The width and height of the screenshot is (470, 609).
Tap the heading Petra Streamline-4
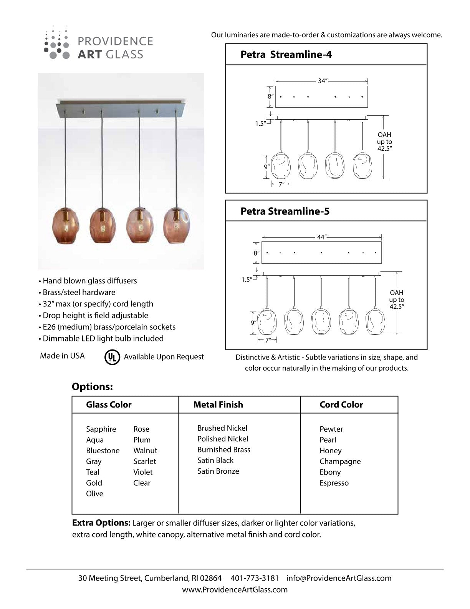pos(286,55)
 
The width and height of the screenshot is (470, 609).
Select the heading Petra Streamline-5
pos(285,211)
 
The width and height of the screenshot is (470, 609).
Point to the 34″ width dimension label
pos(322,81)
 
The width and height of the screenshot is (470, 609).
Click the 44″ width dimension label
pos(321,237)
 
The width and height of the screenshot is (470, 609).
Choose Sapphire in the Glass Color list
pos(101,429)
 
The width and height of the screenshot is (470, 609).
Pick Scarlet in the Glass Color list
pos(145,461)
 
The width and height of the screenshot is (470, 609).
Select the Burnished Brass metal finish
pos(224,449)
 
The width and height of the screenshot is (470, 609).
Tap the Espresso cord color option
pos(334,483)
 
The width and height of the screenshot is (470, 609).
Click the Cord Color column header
pos(341,404)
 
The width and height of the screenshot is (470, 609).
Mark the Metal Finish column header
pos(218,404)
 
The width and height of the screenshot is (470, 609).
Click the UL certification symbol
pos(112,357)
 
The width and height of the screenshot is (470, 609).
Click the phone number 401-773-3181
pos(255,578)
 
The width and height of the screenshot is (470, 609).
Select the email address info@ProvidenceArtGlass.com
pos(339,578)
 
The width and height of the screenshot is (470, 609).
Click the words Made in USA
pos(62,356)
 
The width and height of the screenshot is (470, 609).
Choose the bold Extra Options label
pos(101,523)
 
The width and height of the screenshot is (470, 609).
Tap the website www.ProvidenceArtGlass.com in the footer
pos(235,589)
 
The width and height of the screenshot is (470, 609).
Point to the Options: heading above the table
pos(92,387)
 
